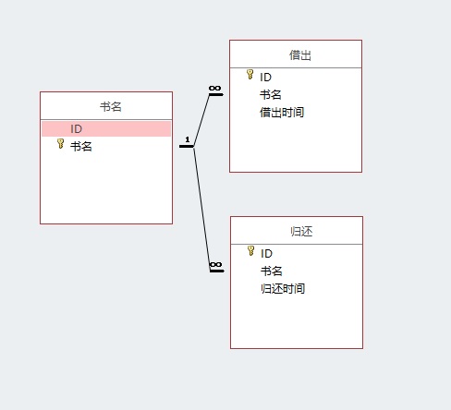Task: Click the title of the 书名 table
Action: point(111,107)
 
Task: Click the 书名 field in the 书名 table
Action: point(81,146)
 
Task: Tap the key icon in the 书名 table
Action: point(61,143)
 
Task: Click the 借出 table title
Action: point(300,55)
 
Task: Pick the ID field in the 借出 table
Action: point(265,78)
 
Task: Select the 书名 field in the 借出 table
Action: point(271,94)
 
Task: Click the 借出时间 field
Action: point(282,113)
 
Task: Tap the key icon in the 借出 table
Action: point(250,74)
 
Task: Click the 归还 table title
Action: point(301,232)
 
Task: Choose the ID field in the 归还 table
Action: point(266,254)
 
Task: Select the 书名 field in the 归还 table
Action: point(272,271)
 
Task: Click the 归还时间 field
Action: point(283,289)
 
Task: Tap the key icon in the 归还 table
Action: point(251,250)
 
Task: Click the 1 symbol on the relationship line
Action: point(188,139)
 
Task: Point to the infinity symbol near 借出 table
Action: point(214,89)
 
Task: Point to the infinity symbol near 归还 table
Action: point(215,265)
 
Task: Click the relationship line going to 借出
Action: point(201,120)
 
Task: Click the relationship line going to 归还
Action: point(201,209)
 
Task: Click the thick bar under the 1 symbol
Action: point(187,147)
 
